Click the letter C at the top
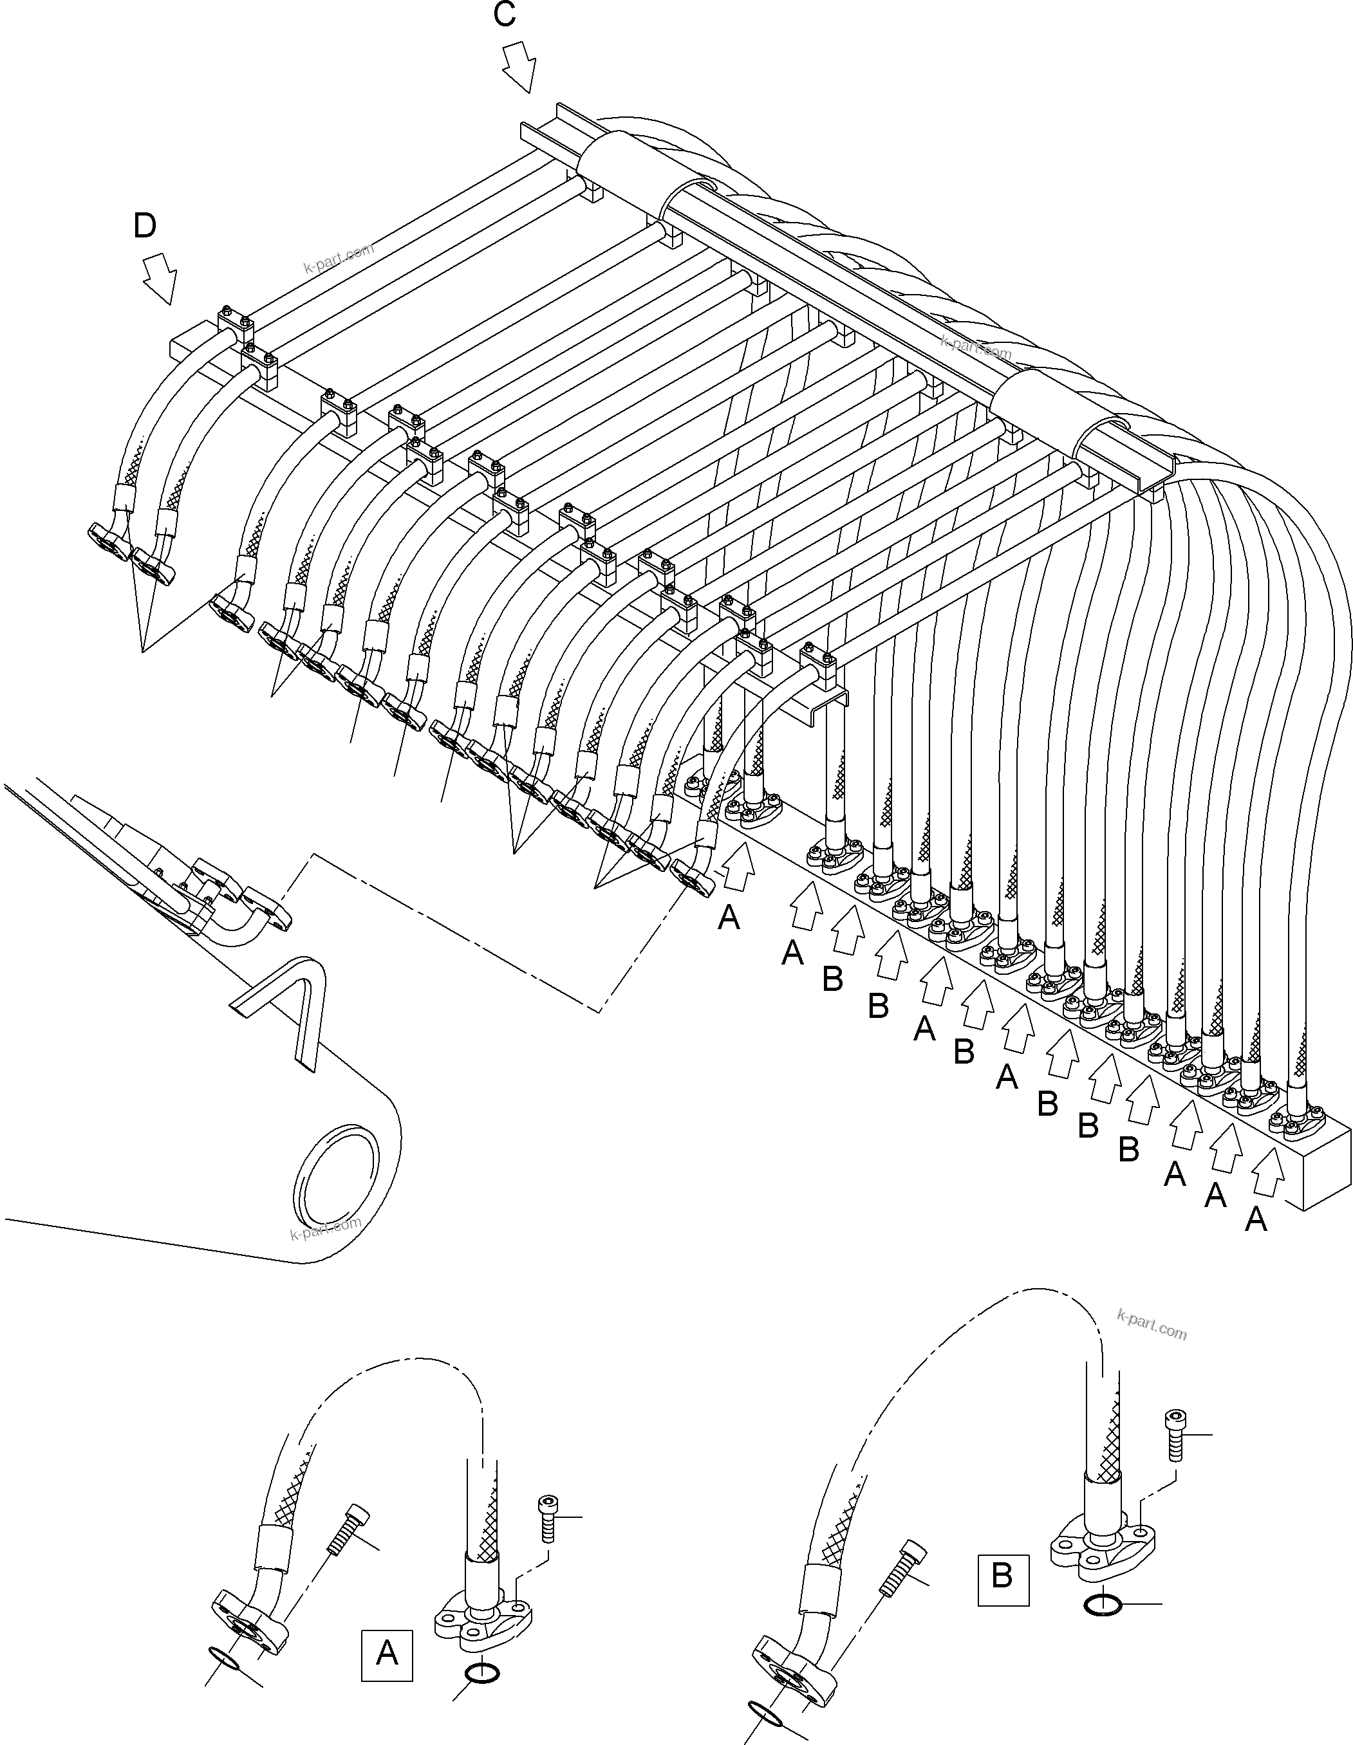click(504, 15)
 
